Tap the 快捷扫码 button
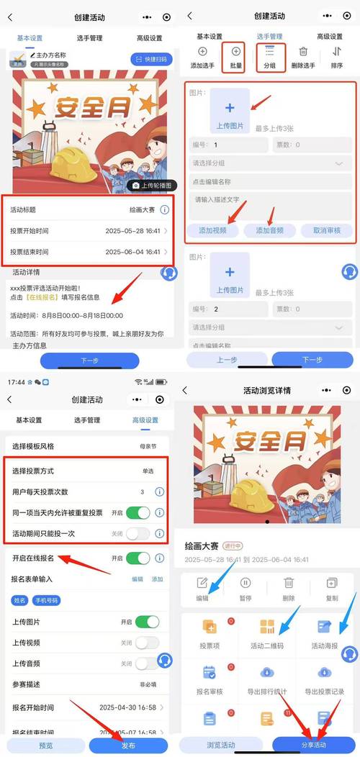(x=151, y=59)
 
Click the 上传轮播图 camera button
(x=150, y=185)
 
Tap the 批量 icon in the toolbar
(x=236, y=52)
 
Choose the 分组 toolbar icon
(x=270, y=52)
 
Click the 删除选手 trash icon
(x=304, y=52)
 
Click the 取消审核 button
(x=321, y=230)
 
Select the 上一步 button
(x=228, y=360)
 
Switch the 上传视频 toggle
(x=147, y=643)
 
